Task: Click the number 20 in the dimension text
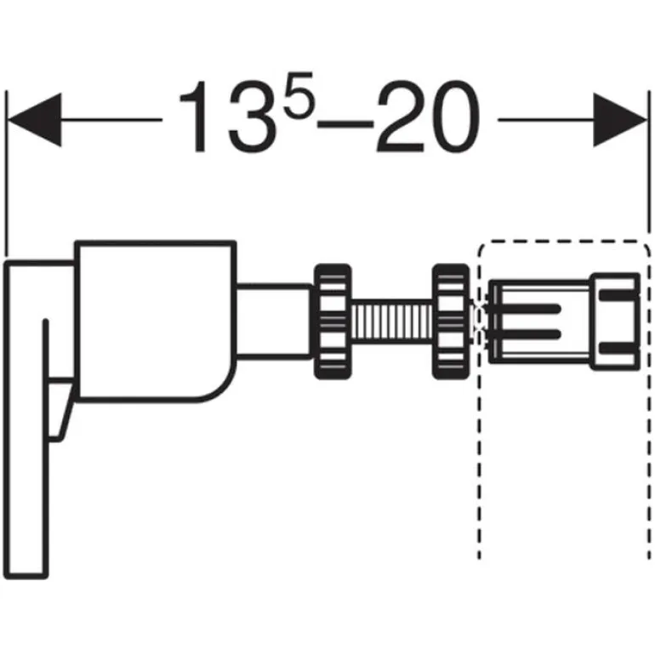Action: pos(425,119)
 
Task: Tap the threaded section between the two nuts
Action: pos(391,321)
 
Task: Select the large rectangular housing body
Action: pos(153,319)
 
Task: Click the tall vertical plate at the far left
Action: pos(30,425)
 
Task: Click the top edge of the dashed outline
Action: pos(561,243)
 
